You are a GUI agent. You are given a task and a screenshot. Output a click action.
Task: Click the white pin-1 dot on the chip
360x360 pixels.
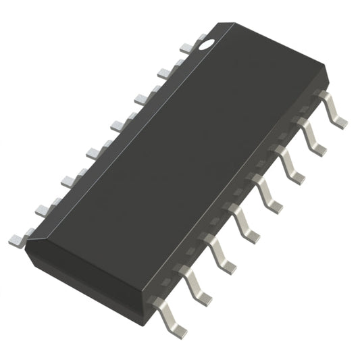pos(207,44)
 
